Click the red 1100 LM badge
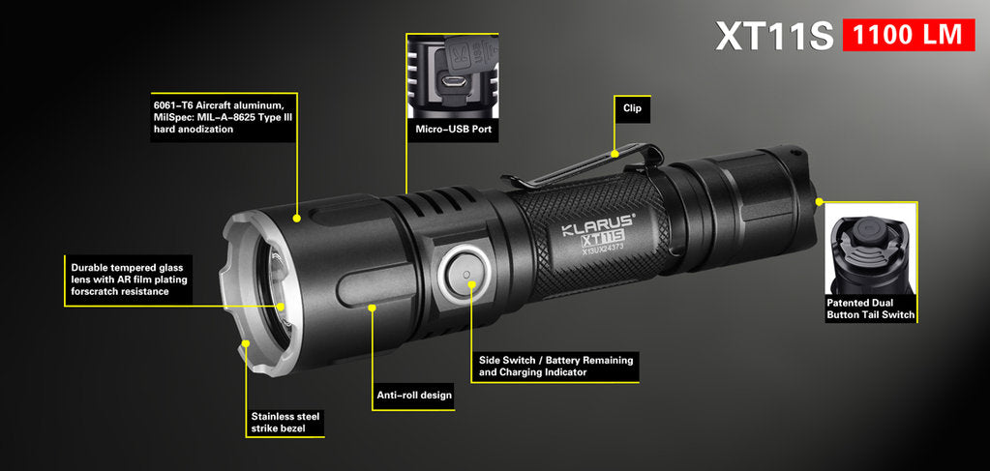[x=909, y=35]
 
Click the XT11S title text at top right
[x=775, y=36]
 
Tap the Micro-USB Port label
[x=453, y=130]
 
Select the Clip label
[x=632, y=108]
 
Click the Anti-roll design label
[x=414, y=396]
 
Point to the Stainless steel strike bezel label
[x=285, y=422]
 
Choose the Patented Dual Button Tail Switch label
[x=871, y=309]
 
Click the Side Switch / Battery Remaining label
[x=555, y=367]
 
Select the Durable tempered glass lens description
[x=129, y=280]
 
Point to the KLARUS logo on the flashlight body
[x=598, y=223]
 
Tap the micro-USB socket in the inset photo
[x=453, y=82]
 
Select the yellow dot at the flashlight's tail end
[x=820, y=202]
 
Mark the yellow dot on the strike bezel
[x=246, y=343]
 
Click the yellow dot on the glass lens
[x=280, y=307]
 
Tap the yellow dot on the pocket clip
[x=615, y=153]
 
